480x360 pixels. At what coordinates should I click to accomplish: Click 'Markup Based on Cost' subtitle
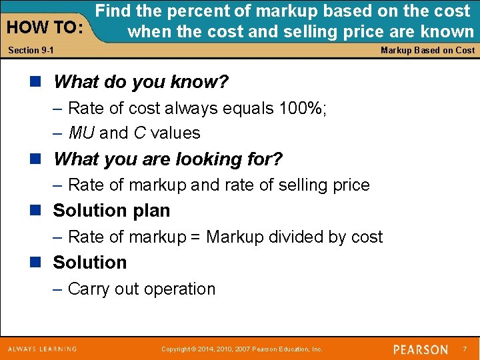pyautogui.click(x=427, y=51)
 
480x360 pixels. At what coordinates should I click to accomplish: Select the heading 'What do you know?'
pyautogui.click(x=141, y=82)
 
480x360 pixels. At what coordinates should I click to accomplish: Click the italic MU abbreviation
pyautogui.click(x=81, y=133)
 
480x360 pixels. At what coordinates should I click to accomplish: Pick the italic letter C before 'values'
pyautogui.click(x=139, y=133)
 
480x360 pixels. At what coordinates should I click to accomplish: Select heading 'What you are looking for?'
pyautogui.click(x=168, y=159)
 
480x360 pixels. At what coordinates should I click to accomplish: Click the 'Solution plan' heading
pyautogui.click(x=111, y=211)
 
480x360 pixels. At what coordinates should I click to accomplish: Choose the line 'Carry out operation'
pyautogui.click(x=141, y=289)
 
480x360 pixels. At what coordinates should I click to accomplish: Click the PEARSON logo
pyautogui.click(x=420, y=349)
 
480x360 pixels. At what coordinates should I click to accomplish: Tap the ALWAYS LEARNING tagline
pyautogui.click(x=42, y=349)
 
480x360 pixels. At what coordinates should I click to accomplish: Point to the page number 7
pyautogui.click(x=465, y=349)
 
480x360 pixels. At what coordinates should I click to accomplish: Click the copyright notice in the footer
pyautogui.click(x=242, y=349)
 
